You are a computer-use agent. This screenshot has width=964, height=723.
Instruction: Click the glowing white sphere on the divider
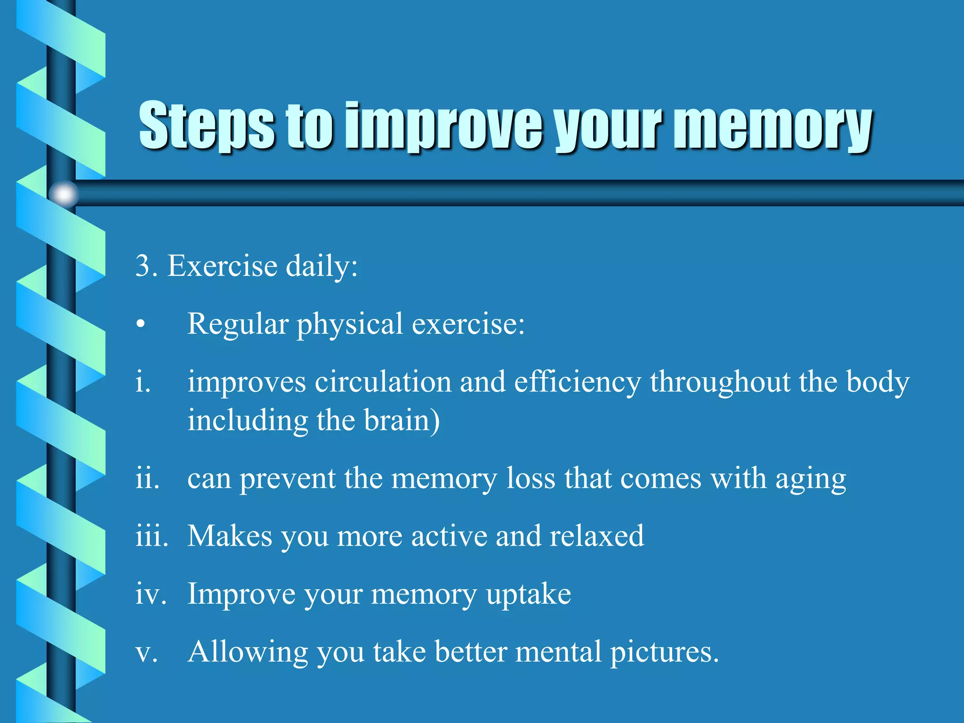coord(64,194)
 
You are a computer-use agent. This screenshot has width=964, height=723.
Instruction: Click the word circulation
coord(383,382)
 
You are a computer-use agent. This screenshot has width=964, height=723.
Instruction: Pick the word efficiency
coord(577,382)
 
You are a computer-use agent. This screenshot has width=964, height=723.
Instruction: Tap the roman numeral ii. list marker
coord(147,479)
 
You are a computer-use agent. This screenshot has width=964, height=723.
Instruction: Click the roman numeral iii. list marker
coord(151,536)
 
